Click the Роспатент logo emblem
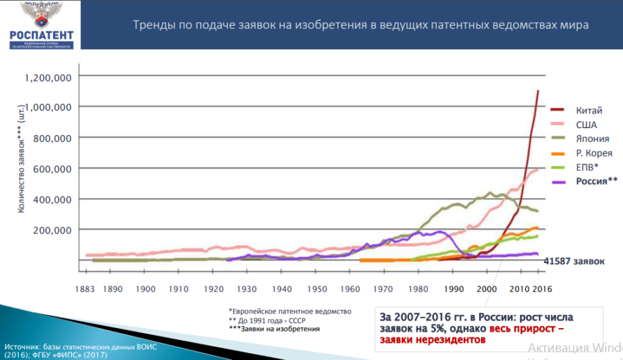39,15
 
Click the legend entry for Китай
589,110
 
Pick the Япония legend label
592,138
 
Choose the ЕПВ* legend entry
587,167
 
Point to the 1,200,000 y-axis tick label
48,77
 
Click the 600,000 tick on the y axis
53,168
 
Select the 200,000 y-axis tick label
53,229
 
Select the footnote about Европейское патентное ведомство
291,311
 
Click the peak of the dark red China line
539,91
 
